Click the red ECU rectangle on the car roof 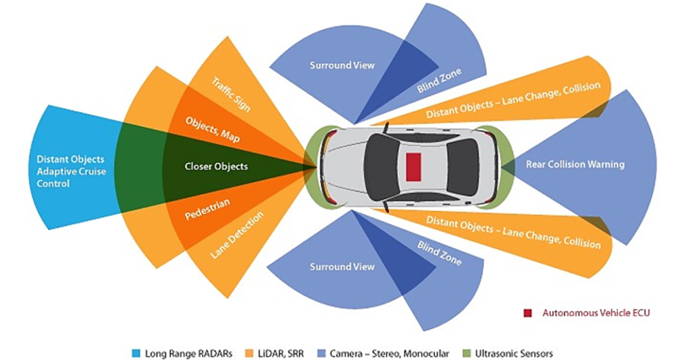tap(413, 166)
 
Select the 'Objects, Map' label tap(213, 130)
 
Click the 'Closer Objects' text tap(216, 167)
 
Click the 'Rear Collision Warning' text tap(575, 165)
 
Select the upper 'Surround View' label tap(342, 65)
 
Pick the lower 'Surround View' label tap(342, 267)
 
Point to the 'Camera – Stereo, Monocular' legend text tap(390, 354)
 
